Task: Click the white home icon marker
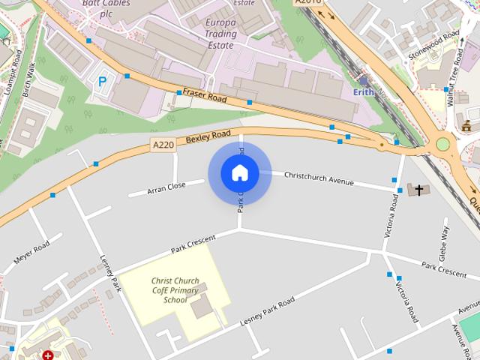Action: (x=239, y=173)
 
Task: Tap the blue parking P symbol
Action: (x=101, y=82)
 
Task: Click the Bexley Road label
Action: (x=208, y=136)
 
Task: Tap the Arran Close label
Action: (x=166, y=187)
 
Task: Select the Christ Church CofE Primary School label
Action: (x=175, y=289)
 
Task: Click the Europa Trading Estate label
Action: (x=220, y=34)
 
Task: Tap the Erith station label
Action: (x=363, y=92)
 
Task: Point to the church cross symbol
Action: (x=418, y=190)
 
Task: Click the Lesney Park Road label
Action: (x=267, y=310)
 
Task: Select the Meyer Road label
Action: (x=31, y=255)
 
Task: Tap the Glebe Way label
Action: (x=445, y=240)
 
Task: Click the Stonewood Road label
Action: (x=433, y=46)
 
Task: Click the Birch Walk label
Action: (x=28, y=79)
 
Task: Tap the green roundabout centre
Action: (x=442, y=143)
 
